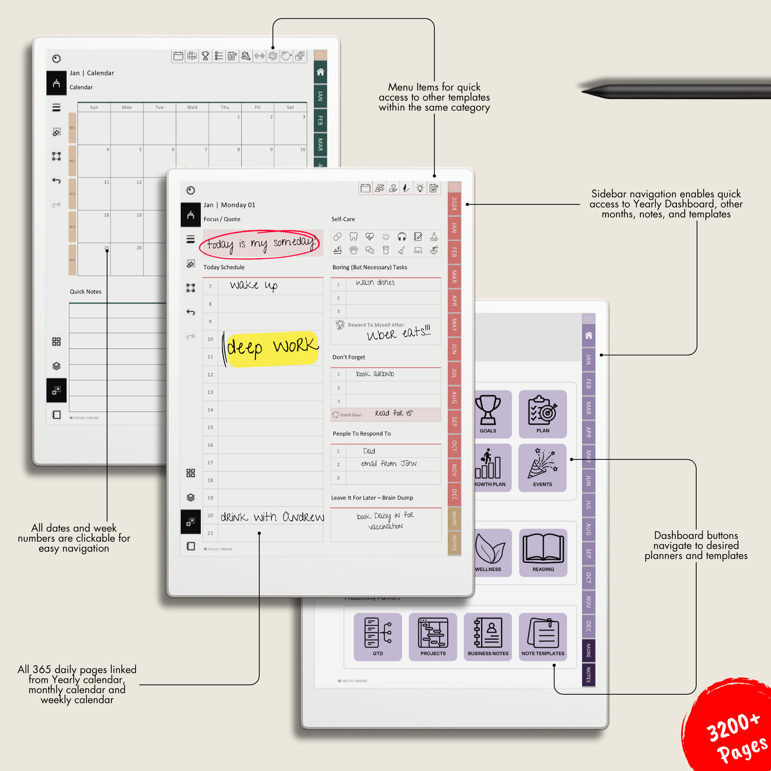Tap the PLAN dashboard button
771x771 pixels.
[543, 414]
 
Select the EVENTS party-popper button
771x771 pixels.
[543, 467]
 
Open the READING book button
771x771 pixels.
[543, 552]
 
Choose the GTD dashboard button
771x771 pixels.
[378, 637]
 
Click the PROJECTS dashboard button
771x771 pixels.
[433, 637]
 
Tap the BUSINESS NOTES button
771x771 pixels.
[488, 637]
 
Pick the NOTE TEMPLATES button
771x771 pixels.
[543, 637]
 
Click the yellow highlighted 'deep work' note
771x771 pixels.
[272, 348]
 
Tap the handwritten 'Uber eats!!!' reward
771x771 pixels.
[398, 333]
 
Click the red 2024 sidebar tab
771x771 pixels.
[454, 203]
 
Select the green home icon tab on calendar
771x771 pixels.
[320, 72]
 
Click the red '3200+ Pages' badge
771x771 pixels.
[734, 731]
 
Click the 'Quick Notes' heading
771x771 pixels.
[85, 292]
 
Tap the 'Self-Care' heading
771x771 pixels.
[343, 219]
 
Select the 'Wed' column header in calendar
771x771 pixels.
[192, 107]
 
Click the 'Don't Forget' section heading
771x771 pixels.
[348, 357]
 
